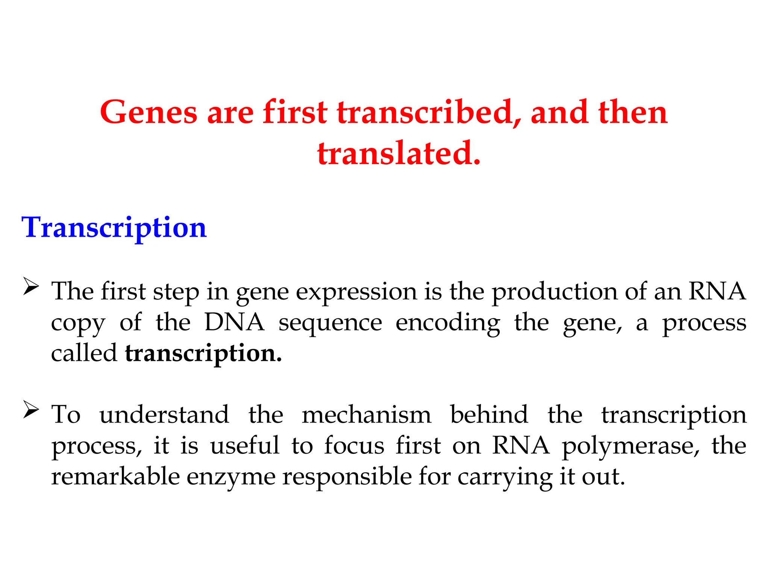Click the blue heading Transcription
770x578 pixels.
tap(114, 228)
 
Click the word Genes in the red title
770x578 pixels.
tap(149, 113)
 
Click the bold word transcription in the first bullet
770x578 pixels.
tap(203, 354)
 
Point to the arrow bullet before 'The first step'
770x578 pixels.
tap(31, 287)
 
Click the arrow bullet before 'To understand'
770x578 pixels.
tap(31, 410)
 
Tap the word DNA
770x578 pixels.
tap(234, 322)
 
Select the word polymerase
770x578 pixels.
tap(631, 446)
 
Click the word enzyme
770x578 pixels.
tap(231, 477)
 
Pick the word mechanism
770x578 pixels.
tap(366, 415)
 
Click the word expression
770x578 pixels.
tap(356, 292)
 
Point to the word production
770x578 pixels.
tap(555, 292)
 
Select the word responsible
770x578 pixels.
tap(347, 477)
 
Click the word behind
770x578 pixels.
tap(489, 415)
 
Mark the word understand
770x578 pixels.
tap(164, 415)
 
